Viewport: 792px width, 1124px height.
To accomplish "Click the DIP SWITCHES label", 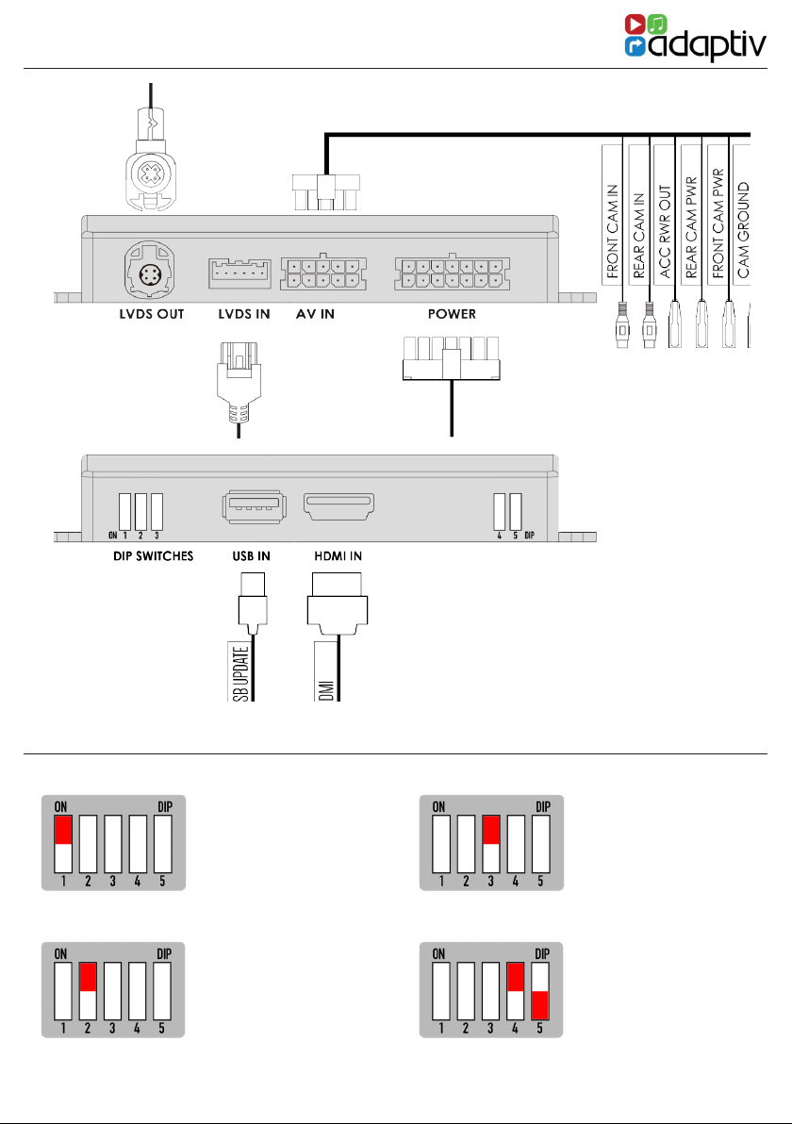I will coord(147,556).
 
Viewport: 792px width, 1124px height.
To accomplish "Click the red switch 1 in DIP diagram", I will coord(64,830).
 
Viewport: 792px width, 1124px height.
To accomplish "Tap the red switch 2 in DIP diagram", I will coord(89,977).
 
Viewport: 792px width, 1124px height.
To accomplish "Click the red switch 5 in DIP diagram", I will coord(539,1004).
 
